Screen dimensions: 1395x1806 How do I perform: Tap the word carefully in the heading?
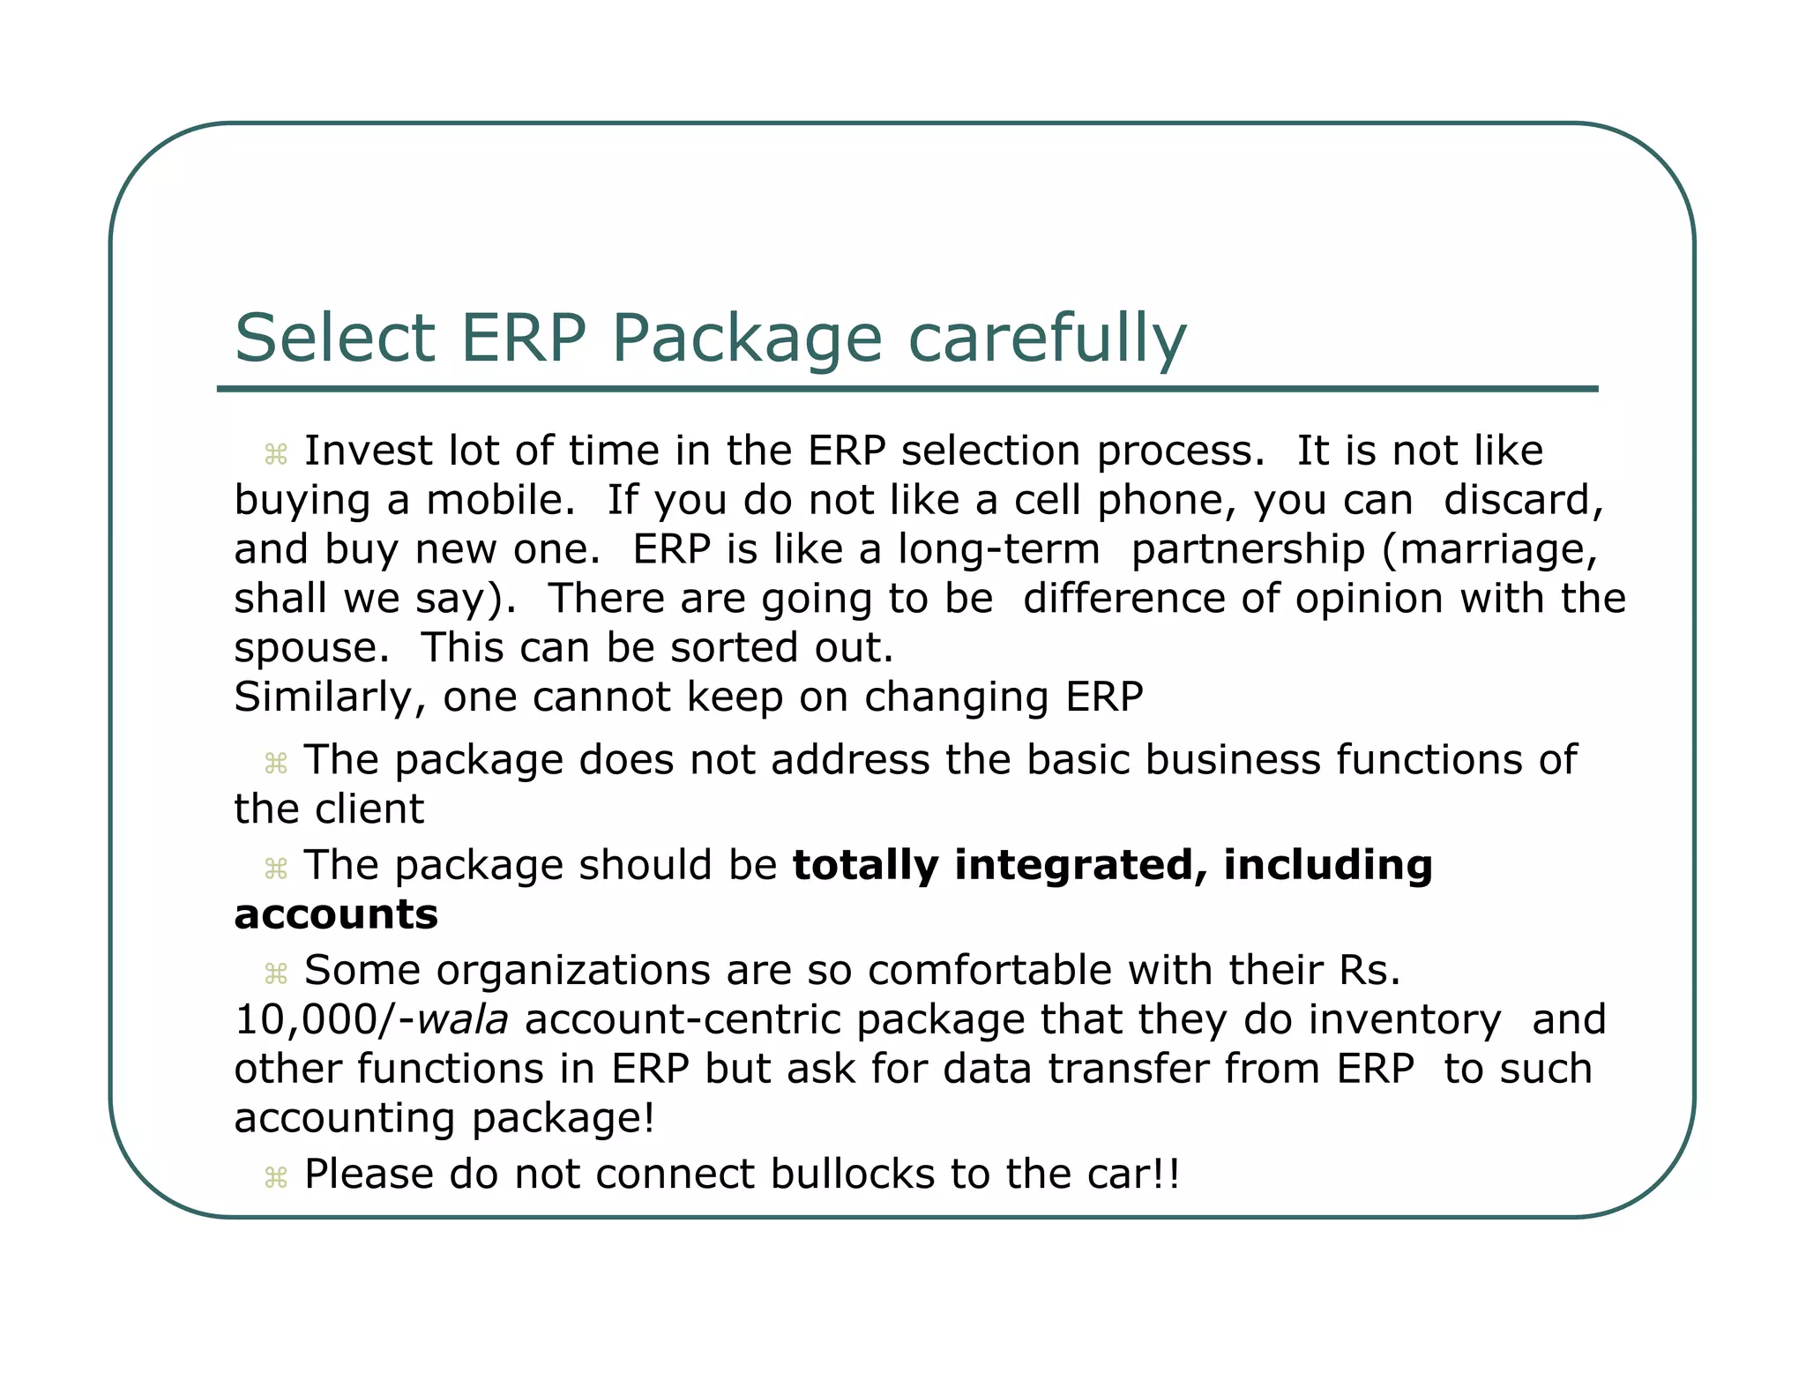click(1047, 339)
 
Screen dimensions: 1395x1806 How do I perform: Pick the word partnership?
click(1248, 550)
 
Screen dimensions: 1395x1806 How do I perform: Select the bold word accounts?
click(336, 914)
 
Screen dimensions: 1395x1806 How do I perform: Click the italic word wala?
click(462, 1020)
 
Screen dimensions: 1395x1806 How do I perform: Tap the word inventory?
click(1405, 1021)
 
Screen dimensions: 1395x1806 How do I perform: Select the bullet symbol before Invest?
click(276, 455)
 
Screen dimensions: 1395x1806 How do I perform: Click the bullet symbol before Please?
click(276, 1178)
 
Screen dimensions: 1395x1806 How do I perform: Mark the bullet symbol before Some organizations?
click(276, 974)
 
